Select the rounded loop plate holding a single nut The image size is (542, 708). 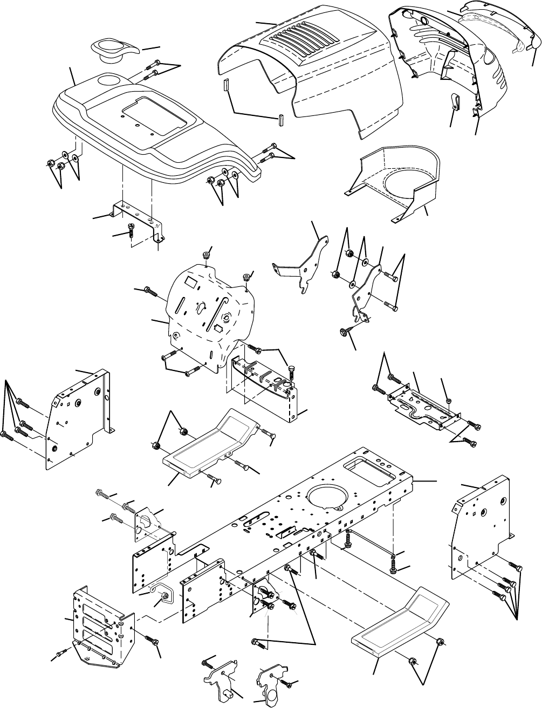coord(161,593)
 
